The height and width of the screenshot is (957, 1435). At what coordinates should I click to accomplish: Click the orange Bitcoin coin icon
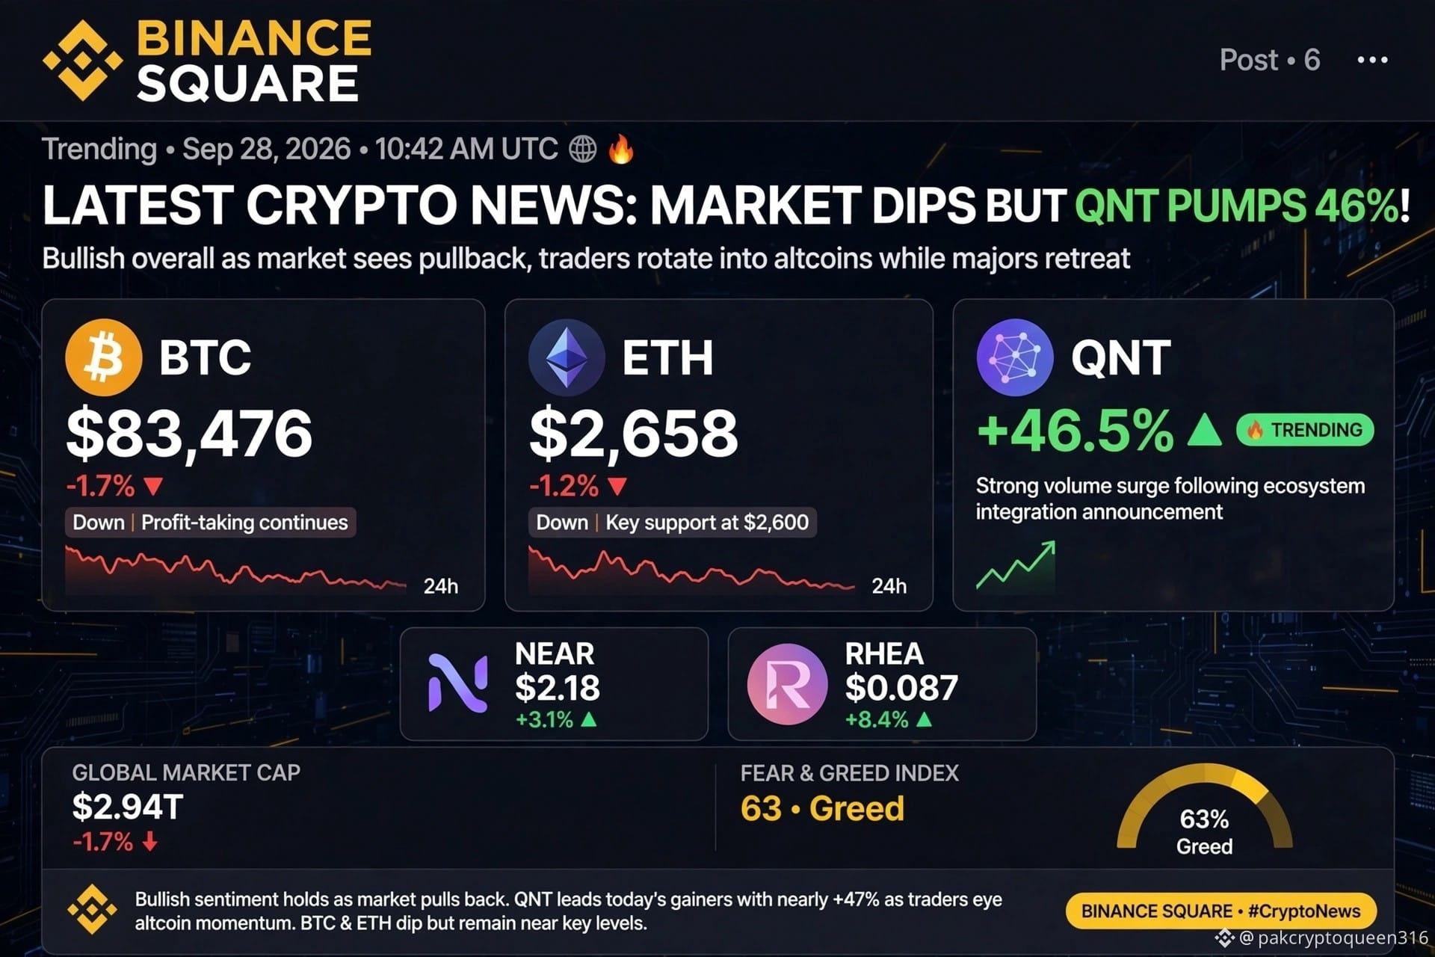[x=103, y=357]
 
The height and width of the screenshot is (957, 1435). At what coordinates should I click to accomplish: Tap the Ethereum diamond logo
[x=567, y=357]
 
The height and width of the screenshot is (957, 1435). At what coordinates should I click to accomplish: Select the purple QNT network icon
[x=1014, y=357]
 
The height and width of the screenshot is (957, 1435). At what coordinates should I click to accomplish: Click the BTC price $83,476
[x=189, y=434]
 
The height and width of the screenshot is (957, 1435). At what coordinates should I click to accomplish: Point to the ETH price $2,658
[x=634, y=434]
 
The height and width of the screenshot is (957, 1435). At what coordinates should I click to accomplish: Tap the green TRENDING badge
[x=1305, y=430]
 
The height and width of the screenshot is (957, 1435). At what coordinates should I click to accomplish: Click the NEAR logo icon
[x=457, y=683]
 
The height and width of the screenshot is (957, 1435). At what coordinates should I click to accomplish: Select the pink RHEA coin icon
[x=787, y=684]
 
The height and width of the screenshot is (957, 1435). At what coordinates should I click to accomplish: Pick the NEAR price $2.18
[x=557, y=688]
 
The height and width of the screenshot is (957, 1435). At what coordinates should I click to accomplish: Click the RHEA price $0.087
[x=901, y=688]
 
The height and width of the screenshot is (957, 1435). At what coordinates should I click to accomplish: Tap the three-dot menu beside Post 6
[x=1372, y=60]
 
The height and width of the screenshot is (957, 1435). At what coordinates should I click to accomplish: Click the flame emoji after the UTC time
[x=621, y=149]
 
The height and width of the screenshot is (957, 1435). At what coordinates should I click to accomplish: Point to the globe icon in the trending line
[x=583, y=149]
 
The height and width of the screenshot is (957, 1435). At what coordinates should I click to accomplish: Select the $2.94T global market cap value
[x=127, y=807]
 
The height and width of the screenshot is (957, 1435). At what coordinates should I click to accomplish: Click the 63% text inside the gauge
[x=1204, y=819]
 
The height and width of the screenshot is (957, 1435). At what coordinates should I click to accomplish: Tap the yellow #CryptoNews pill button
[x=1221, y=911]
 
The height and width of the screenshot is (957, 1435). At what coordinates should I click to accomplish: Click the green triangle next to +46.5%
[x=1204, y=430]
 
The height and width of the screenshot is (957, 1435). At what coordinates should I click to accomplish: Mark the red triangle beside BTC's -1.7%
[x=153, y=487]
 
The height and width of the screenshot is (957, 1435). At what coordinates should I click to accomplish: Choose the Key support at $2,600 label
[x=707, y=522]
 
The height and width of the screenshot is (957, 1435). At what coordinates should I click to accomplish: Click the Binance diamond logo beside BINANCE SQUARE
[x=82, y=61]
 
